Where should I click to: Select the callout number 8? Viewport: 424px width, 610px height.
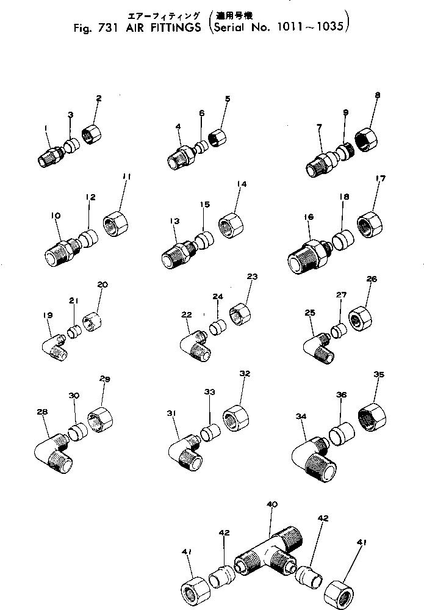(378, 95)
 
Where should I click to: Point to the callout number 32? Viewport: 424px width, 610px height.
(245, 373)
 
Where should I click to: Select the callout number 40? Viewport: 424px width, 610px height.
(272, 504)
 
